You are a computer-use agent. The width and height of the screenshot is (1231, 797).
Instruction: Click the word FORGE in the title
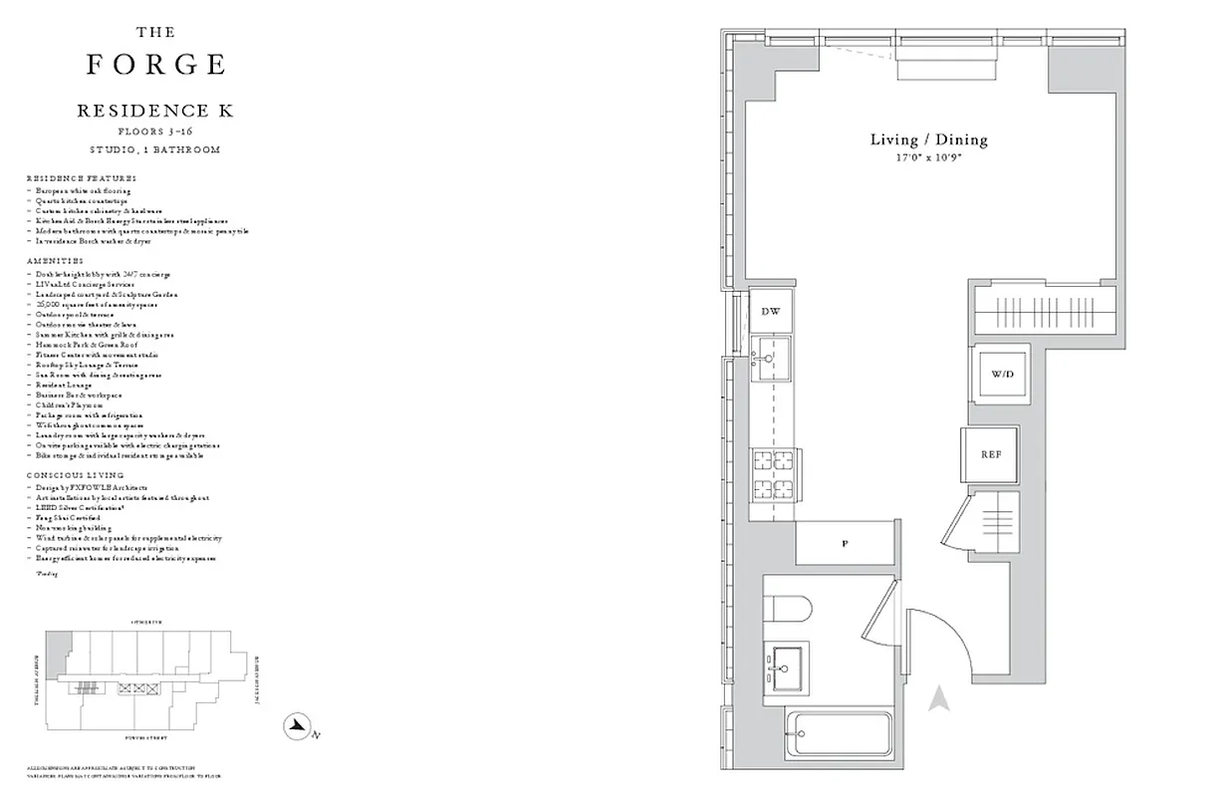coord(155,65)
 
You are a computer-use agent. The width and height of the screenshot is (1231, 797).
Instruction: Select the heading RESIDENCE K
coord(155,112)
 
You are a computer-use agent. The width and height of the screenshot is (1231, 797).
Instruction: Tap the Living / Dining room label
coord(928,139)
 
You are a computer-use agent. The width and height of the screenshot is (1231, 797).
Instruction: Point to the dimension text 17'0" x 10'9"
coord(928,158)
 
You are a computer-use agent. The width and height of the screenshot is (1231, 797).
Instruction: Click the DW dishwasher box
coord(770,311)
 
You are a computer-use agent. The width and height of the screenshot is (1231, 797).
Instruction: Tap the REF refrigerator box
coord(990,454)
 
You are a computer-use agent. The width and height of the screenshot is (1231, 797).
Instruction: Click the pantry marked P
coord(845,544)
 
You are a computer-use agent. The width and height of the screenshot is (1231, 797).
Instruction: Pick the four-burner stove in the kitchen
coord(774,476)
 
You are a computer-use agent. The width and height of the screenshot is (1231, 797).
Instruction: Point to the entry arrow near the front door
coord(937,701)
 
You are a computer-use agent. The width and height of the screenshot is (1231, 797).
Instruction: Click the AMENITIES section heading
coord(56,261)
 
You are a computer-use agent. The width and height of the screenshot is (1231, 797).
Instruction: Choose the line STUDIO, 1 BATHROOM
coord(155,149)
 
